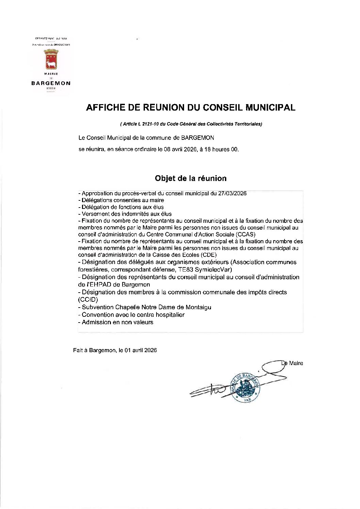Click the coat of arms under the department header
tap(51, 59)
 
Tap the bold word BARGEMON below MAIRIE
tap(51, 83)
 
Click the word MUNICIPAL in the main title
tap(270, 108)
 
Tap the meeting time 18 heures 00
tap(221, 149)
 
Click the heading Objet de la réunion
tap(191, 178)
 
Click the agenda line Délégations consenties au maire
tap(122, 200)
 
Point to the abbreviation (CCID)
tap(88, 299)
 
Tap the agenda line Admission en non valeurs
tap(117, 322)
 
